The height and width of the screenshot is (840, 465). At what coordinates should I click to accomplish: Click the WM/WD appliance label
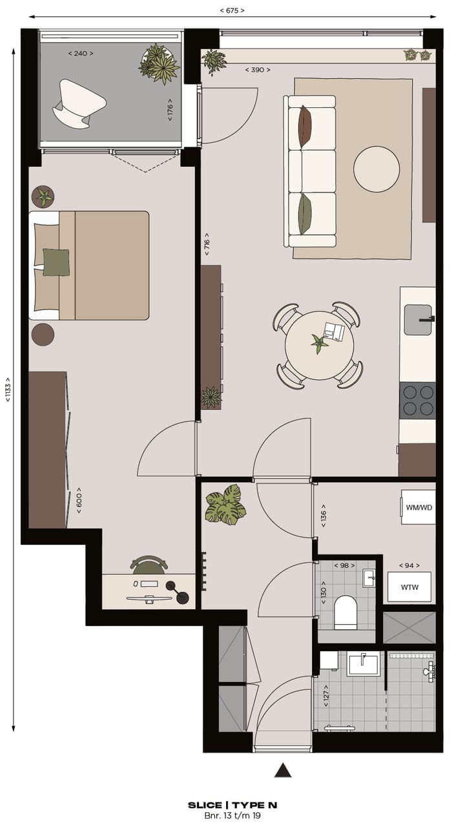[x=418, y=507]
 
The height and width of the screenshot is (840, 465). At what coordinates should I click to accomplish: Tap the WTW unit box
[x=409, y=587]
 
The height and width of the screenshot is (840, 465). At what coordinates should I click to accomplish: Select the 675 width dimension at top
[x=232, y=11]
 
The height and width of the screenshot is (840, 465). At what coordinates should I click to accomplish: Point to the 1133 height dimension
[x=8, y=389]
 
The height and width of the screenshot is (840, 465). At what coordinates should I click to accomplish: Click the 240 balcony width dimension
[x=81, y=54]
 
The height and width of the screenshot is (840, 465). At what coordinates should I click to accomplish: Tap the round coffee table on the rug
[x=377, y=169]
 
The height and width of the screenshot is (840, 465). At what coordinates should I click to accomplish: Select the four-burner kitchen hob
[x=417, y=400]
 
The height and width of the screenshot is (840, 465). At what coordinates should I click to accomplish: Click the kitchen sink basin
[x=418, y=320]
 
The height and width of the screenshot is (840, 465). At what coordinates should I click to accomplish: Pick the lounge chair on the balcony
[x=80, y=102]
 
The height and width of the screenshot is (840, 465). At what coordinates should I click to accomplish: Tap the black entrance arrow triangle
[x=283, y=770]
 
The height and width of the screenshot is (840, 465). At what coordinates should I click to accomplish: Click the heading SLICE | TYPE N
[x=232, y=805]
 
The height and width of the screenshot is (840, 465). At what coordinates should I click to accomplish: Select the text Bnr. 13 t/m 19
[x=232, y=816]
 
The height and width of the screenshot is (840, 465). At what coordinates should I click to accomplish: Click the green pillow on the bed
[x=56, y=262]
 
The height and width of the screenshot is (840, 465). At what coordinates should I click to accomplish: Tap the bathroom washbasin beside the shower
[x=362, y=663]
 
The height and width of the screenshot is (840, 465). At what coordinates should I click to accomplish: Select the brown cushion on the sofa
[x=304, y=126]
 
